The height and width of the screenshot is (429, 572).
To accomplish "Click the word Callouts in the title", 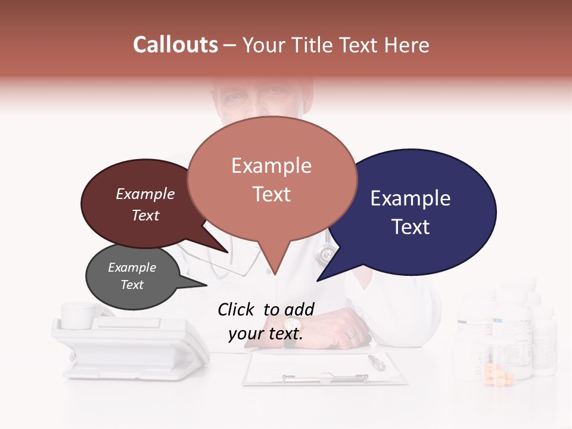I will pyautogui.click(x=175, y=45).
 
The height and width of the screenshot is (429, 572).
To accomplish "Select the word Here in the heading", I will pyautogui.click(x=408, y=45).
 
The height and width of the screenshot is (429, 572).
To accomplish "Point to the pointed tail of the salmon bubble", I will pyautogui.click(x=275, y=271).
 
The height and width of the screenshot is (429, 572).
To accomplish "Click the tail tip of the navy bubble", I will pyautogui.click(x=319, y=280).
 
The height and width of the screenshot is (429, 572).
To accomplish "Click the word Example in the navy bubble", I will pyautogui.click(x=411, y=198).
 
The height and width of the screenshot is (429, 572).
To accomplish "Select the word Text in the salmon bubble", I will pyautogui.click(x=272, y=194).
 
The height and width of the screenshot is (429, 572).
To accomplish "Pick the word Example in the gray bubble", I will pyautogui.click(x=132, y=268).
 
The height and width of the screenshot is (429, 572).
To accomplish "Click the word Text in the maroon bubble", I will pyautogui.click(x=145, y=215).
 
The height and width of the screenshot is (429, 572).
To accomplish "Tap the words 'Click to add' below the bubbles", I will pyautogui.click(x=266, y=309).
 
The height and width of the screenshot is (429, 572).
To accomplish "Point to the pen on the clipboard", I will pyautogui.click(x=377, y=362).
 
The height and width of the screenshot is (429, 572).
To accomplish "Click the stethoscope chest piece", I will pyautogui.click(x=325, y=255).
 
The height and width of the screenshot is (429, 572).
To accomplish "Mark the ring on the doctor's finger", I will pyautogui.click(x=352, y=336).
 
